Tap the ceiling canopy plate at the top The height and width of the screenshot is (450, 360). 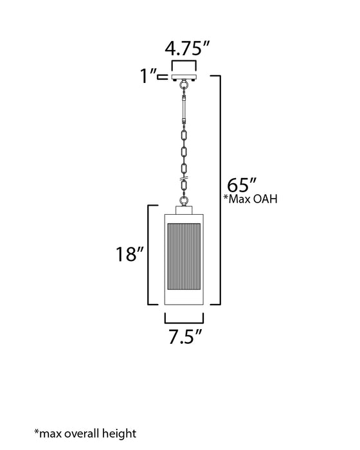click(x=184, y=76)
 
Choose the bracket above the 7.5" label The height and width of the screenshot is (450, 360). click(x=184, y=318)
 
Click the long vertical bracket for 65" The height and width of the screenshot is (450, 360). click(x=221, y=190)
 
